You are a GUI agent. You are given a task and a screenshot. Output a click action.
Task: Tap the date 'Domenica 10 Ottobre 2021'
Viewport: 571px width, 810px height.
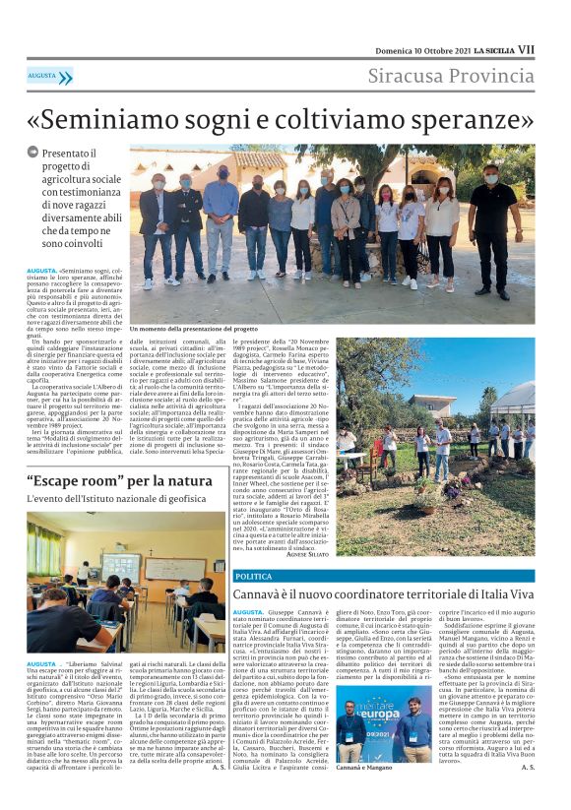tap(420, 48)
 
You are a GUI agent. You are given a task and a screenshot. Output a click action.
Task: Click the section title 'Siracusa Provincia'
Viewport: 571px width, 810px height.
tap(452, 76)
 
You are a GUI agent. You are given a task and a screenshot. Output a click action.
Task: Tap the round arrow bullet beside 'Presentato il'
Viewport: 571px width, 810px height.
tap(32, 153)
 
